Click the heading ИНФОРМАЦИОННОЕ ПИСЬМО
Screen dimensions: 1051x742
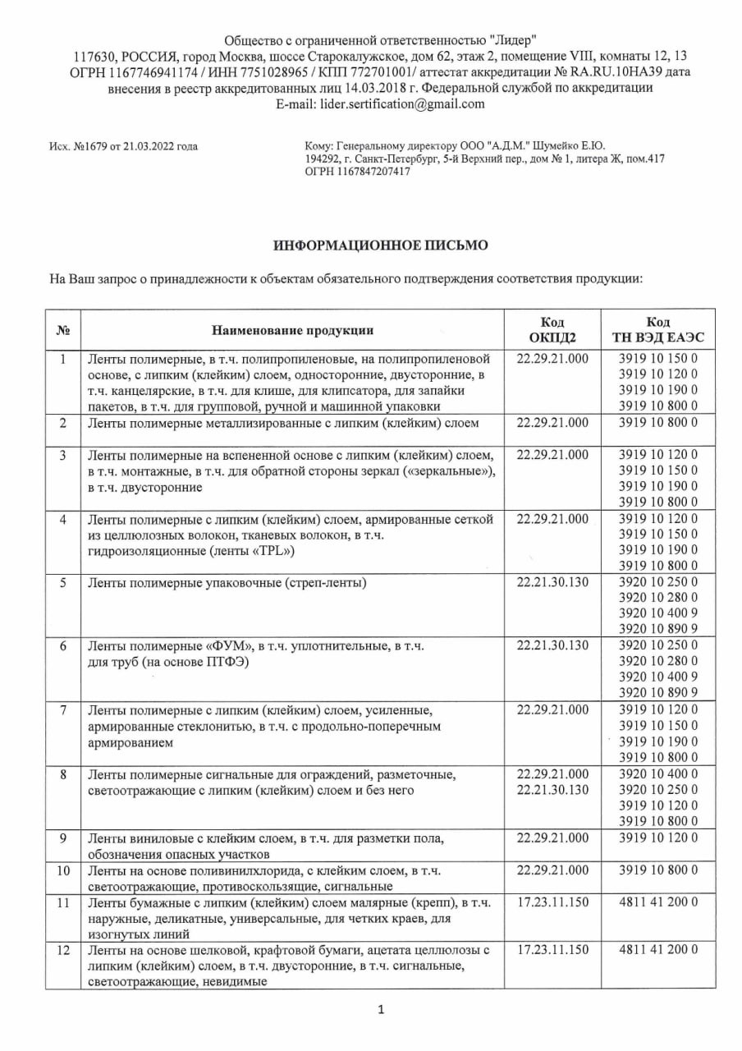[x=380, y=245]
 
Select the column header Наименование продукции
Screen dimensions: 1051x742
[x=292, y=330]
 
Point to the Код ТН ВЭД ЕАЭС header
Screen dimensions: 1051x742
[x=657, y=330]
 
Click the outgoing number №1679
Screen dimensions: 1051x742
[x=92, y=147]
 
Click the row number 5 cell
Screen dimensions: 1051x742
[x=63, y=583]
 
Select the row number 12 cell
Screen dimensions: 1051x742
[x=63, y=950]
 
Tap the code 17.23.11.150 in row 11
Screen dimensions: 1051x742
[x=553, y=902]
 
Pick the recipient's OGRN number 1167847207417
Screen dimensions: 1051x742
[x=368, y=172]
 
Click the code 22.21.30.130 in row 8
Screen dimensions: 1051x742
[x=553, y=790]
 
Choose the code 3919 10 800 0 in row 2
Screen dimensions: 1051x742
[x=657, y=423]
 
